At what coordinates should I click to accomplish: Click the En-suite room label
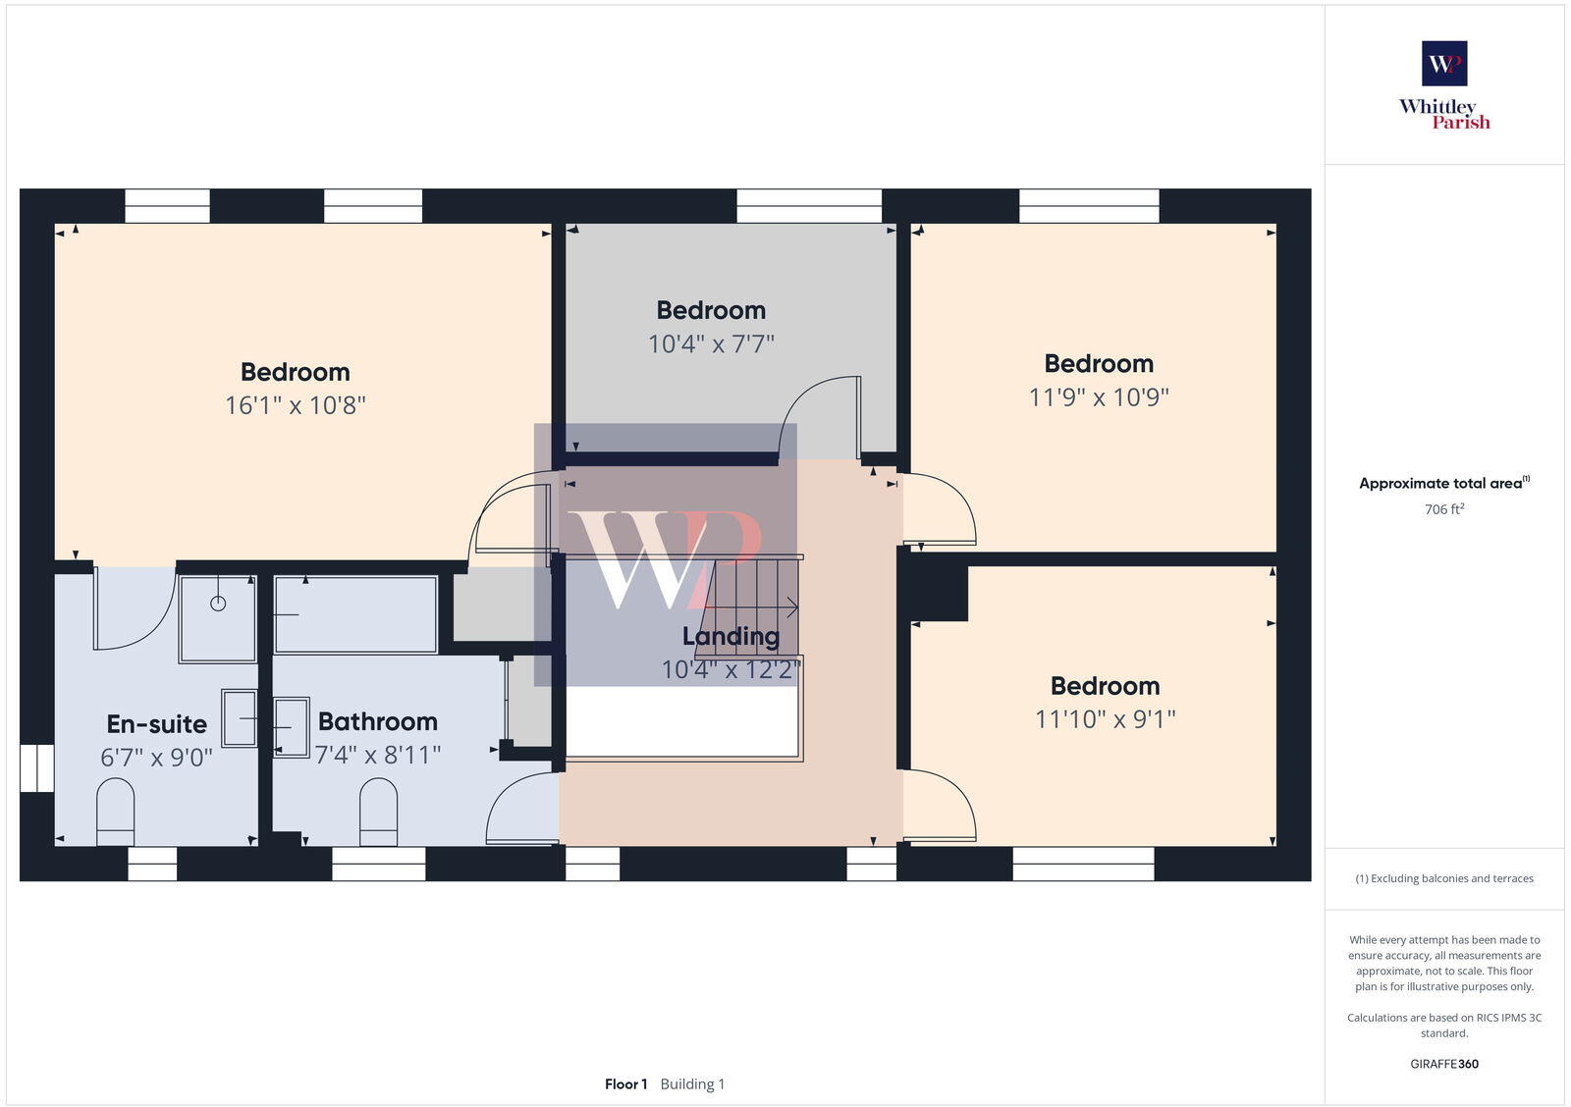point(157,724)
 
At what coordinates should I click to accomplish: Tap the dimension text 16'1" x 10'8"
point(295,405)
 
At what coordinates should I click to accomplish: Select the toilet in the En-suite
point(116,811)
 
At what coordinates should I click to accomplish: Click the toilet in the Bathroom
point(379,811)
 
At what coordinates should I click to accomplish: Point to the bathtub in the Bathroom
point(355,615)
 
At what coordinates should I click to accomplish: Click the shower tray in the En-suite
point(217,618)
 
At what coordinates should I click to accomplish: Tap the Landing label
point(731,636)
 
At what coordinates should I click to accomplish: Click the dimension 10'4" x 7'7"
point(711,344)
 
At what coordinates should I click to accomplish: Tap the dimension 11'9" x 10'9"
point(1099,397)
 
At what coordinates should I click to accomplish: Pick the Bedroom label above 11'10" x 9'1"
point(1105,686)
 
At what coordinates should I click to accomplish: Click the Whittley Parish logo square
point(1444,64)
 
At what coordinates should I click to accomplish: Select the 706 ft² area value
point(1444,509)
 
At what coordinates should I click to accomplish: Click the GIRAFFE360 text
point(1444,1064)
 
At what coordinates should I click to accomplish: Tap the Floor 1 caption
point(625,1084)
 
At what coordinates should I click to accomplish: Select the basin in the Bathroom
point(291,726)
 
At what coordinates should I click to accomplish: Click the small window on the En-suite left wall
point(37,767)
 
